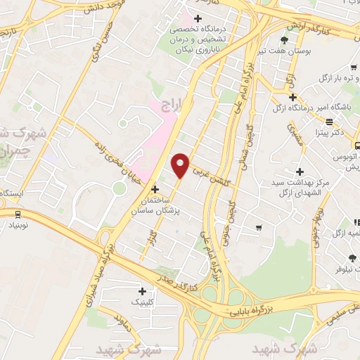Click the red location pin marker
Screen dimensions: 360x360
(181, 165)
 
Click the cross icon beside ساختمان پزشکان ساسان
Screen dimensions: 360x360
(155, 189)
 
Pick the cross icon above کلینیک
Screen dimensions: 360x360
(142, 291)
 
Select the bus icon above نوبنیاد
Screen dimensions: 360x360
(16, 214)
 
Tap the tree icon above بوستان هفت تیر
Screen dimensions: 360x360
(284, 40)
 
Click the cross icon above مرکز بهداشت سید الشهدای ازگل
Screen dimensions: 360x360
(300, 172)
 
